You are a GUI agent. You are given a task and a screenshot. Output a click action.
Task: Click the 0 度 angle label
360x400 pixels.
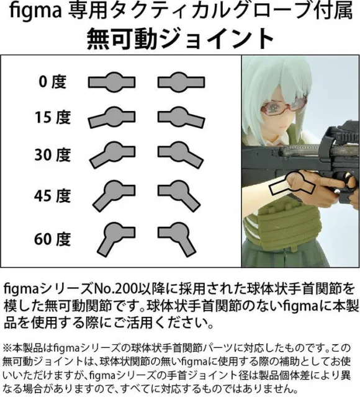coord(52,82)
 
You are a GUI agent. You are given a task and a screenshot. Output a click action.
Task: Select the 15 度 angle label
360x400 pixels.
coord(52,118)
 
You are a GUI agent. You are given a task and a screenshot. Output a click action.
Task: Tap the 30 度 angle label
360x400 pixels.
coord(52,155)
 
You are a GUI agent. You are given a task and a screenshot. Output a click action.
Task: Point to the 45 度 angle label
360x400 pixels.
coord(52,196)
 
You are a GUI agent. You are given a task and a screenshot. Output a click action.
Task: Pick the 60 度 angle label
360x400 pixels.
coord(52,239)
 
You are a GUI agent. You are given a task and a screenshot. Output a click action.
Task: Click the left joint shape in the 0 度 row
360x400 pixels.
coord(112,82)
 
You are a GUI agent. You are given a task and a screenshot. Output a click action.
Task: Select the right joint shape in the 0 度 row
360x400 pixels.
coord(181,82)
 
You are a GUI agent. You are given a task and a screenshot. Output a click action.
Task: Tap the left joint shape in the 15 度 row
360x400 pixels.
coord(112,117)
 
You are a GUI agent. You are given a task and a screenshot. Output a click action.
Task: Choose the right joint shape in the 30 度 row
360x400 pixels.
coord(180,154)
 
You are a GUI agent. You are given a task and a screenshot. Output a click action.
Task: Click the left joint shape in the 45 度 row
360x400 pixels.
coord(114,193)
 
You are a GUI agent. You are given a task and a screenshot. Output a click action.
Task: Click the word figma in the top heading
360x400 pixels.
coord(35,12)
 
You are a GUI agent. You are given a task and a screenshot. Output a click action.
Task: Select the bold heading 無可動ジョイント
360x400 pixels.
coord(180,39)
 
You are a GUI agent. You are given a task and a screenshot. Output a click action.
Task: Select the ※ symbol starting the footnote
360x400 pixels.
coord(7,348)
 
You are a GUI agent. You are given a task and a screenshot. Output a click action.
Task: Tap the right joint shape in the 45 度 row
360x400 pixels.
coord(179,193)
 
